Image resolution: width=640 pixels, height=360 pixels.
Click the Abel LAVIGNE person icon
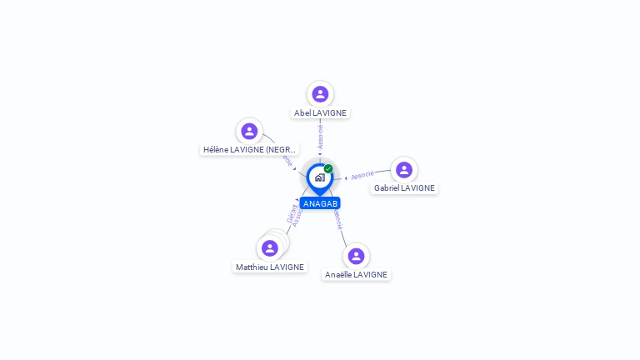(x=320, y=93)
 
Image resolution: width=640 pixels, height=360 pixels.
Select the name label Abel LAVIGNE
(x=320, y=112)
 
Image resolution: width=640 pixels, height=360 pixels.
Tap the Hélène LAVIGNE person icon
(x=248, y=131)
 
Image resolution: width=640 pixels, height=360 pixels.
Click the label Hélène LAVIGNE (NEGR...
(x=249, y=150)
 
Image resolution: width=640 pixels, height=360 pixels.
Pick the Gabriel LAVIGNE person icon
(x=404, y=170)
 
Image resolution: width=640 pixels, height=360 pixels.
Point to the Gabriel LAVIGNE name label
(x=404, y=188)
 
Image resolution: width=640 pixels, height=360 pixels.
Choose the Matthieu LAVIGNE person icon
(x=269, y=247)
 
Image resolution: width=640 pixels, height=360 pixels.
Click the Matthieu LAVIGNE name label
(x=269, y=267)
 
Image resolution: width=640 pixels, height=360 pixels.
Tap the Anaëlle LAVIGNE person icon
(x=356, y=256)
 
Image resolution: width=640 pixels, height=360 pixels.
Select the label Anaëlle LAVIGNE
(x=356, y=274)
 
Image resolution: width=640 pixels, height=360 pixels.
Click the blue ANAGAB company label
(x=320, y=203)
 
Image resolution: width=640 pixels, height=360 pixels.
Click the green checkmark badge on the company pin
(x=328, y=169)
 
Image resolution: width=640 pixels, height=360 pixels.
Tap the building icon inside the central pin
(x=319, y=177)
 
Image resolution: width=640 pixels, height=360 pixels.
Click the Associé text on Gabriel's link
(x=362, y=175)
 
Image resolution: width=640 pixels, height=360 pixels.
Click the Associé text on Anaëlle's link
(x=337, y=219)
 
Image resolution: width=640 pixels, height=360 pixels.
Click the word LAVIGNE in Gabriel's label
(x=417, y=188)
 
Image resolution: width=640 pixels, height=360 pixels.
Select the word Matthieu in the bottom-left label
(x=252, y=267)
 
